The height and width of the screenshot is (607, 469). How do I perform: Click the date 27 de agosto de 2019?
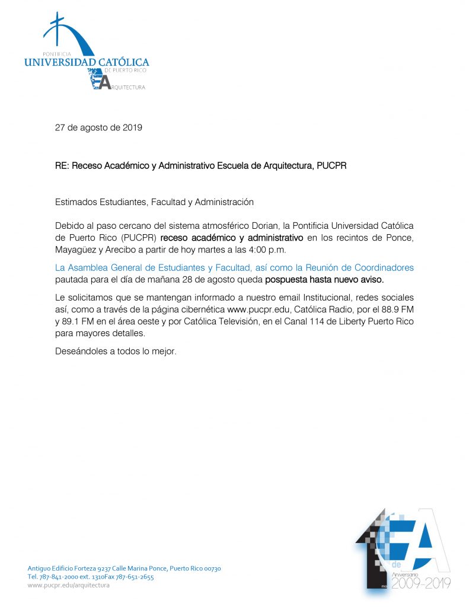point(98,127)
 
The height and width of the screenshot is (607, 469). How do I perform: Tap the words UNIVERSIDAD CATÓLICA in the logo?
point(86,62)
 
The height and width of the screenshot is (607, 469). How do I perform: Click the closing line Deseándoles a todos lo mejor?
point(116,351)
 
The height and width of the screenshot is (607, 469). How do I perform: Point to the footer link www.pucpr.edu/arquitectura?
point(69,585)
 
